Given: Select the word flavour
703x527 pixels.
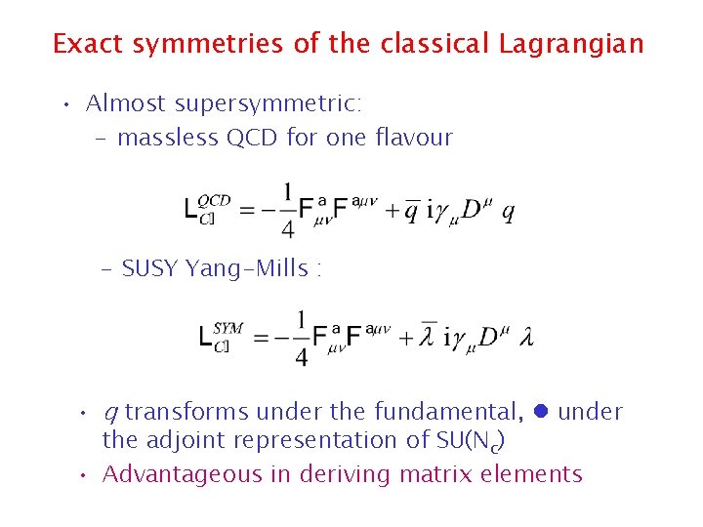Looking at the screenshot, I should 414,138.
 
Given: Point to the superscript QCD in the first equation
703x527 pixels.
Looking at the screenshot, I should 214,200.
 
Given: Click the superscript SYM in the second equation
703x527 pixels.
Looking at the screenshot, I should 227,328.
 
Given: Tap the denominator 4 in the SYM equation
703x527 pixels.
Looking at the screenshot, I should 301,358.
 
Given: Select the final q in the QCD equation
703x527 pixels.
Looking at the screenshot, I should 508,213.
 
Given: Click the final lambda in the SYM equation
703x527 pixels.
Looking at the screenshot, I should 526,340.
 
